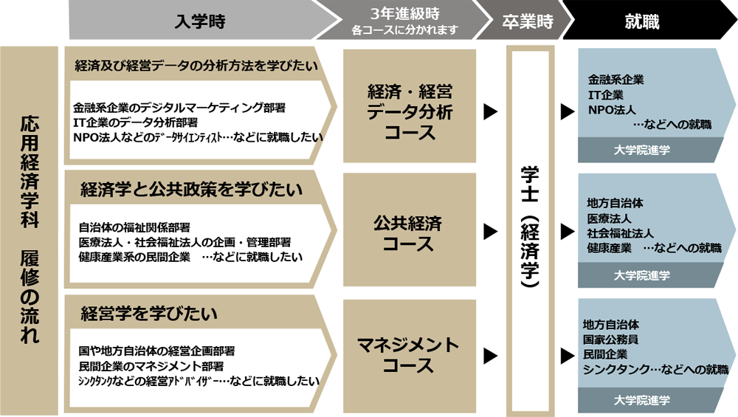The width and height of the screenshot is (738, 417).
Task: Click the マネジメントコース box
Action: [x=410, y=355]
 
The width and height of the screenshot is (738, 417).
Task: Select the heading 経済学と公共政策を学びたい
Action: [x=191, y=190]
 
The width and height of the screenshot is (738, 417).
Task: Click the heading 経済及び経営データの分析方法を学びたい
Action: [x=196, y=66]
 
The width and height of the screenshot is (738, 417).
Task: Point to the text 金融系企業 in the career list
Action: [x=615, y=80]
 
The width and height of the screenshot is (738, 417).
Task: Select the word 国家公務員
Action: [x=611, y=340]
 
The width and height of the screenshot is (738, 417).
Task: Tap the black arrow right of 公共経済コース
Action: [x=489, y=232]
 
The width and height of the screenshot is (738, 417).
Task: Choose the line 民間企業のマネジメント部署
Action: [x=151, y=365]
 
